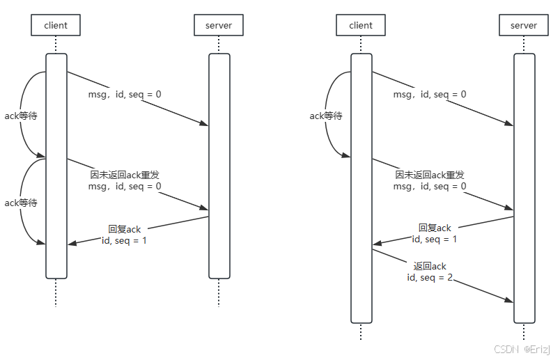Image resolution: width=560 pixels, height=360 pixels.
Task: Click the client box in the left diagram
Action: pyautogui.click(x=56, y=26)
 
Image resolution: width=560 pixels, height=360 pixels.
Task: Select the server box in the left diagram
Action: pyautogui.click(x=218, y=26)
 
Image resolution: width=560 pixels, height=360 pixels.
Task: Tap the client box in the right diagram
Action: pyautogui.click(x=361, y=26)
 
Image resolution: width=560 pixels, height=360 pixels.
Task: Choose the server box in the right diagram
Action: pyautogui.click(x=524, y=26)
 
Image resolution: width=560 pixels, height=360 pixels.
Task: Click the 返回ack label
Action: pyautogui.click(x=430, y=266)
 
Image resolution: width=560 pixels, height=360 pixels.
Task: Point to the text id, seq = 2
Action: pyautogui.click(x=430, y=277)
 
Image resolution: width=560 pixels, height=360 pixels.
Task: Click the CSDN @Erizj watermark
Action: pyautogui.click(x=522, y=348)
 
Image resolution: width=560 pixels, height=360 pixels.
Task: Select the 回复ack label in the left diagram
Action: pyautogui.click(x=125, y=229)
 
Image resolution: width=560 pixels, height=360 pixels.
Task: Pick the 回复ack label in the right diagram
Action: pyautogui.click(x=435, y=228)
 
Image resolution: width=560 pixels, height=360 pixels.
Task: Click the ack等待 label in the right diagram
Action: pyautogui.click(x=325, y=116)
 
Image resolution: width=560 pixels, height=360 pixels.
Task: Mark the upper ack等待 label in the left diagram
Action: pyautogui.click(x=21, y=116)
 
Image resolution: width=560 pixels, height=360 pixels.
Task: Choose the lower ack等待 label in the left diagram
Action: pyautogui.click(x=21, y=203)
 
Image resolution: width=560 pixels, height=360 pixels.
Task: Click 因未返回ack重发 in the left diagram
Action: pyautogui.click(x=130, y=175)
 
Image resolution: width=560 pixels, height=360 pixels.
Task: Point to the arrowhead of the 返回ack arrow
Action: pyautogui.click(x=510, y=300)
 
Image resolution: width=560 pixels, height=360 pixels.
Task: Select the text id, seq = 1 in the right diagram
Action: pyautogui.click(x=435, y=239)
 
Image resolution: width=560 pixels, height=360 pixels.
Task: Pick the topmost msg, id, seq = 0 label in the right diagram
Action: pyautogui.click(x=430, y=95)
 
